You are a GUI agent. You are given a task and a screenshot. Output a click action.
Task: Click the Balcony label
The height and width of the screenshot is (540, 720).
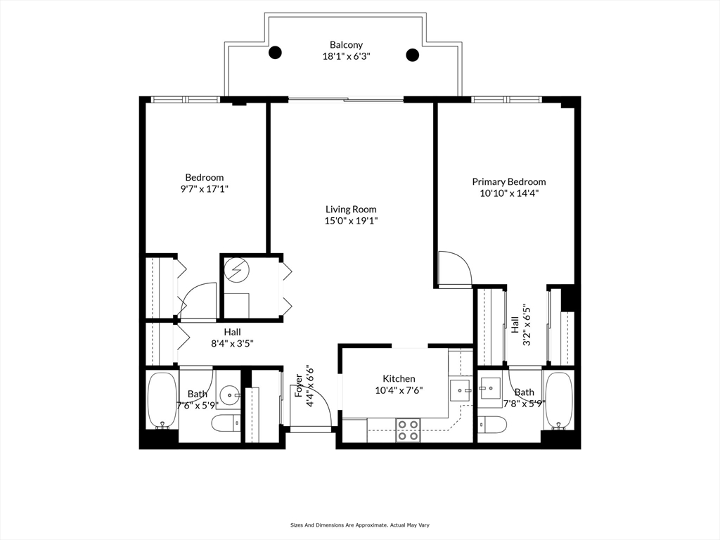pyautogui.click(x=346, y=45)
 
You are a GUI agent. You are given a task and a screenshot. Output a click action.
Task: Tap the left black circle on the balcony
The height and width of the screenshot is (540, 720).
pyautogui.click(x=275, y=52)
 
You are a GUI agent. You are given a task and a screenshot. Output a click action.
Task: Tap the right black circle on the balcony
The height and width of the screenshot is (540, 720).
pyautogui.click(x=412, y=55)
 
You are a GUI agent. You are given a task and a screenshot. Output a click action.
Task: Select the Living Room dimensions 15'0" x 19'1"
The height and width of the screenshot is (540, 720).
pyautogui.click(x=351, y=221)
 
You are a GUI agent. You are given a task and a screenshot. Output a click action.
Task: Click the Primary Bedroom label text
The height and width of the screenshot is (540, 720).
pyautogui.click(x=509, y=182)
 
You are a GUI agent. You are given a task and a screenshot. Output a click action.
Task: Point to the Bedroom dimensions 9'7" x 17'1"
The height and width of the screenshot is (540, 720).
pyautogui.click(x=205, y=188)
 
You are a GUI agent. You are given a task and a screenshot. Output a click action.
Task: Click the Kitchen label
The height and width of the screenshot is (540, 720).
pyautogui.click(x=399, y=379)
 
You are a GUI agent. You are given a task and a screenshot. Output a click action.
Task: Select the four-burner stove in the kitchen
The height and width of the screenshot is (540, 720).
pyautogui.click(x=408, y=430)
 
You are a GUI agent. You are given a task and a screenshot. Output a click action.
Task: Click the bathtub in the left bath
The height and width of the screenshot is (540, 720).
pyautogui.click(x=162, y=400)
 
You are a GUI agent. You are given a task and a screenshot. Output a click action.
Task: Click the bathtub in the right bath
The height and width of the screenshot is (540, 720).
pyautogui.click(x=558, y=400)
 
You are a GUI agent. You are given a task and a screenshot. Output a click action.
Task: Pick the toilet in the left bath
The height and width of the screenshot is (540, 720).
pyautogui.click(x=226, y=423)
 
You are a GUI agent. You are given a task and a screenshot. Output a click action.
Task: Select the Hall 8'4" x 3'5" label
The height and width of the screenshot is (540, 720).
pyautogui.click(x=232, y=337)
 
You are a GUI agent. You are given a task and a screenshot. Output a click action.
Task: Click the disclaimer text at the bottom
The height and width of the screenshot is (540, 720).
pyautogui.click(x=359, y=525)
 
